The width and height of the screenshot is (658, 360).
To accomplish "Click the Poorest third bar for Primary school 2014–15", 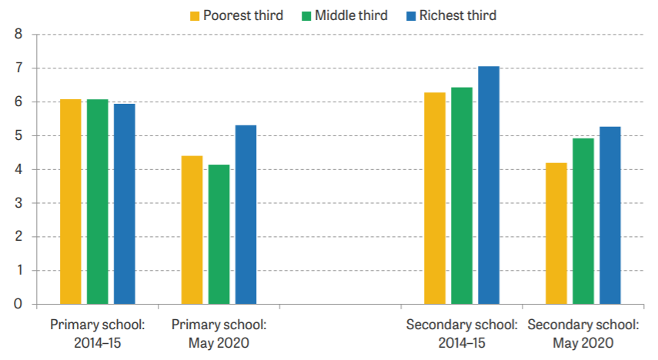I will [x=70, y=202].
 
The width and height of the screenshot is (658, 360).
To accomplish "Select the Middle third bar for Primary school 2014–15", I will [x=97, y=202].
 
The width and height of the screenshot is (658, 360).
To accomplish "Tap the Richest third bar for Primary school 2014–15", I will [x=124, y=204].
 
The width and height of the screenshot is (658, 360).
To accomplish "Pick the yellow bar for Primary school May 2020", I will [x=192, y=230].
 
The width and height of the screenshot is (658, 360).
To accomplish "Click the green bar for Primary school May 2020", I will [x=219, y=235].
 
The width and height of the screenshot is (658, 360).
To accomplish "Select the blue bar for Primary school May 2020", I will [x=245, y=215].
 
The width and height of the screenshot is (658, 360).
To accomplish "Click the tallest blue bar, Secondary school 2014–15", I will [x=488, y=185].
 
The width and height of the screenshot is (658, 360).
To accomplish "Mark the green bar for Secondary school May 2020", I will [x=583, y=221].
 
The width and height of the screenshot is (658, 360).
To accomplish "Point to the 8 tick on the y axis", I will [x=18, y=35].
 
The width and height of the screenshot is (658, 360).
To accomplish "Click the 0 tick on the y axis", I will [x=18, y=305].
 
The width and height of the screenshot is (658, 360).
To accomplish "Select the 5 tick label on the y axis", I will [x=18, y=136].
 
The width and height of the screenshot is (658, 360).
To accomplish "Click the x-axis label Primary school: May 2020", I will [x=219, y=332].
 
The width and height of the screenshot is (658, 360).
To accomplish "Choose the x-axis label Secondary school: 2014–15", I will [x=461, y=332].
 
